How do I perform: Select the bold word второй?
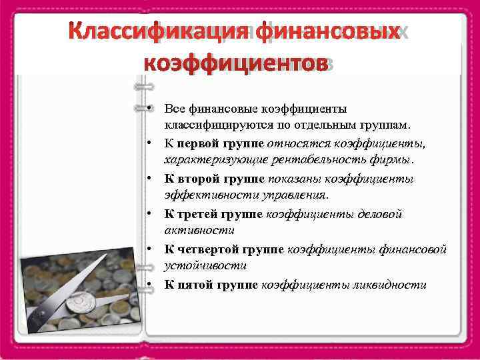(203, 179)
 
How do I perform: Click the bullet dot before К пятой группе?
(153, 284)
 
